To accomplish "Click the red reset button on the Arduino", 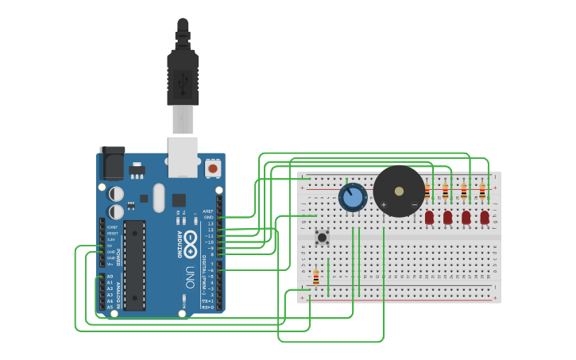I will click(x=213, y=168).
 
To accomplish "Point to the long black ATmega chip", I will click(x=134, y=265).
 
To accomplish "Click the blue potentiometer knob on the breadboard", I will click(x=352, y=197).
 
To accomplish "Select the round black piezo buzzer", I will click(x=399, y=192).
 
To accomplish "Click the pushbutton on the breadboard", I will click(x=322, y=237).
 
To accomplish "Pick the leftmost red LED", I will click(x=429, y=217).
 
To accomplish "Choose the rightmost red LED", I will click(x=484, y=217).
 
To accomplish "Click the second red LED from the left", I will click(x=447, y=217).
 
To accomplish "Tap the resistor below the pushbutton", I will click(x=315, y=277).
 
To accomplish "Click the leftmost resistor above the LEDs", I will click(x=427, y=191).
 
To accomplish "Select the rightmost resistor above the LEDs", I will click(x=481, y=191).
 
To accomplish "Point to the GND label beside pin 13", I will click(x=209, y=217).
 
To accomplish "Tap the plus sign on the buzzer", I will click(x=384, y=205).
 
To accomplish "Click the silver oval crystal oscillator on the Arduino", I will click(x=159, y=198).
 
